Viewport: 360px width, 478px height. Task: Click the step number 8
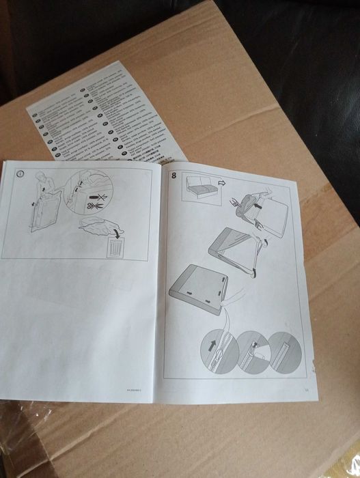click(174, 174)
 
